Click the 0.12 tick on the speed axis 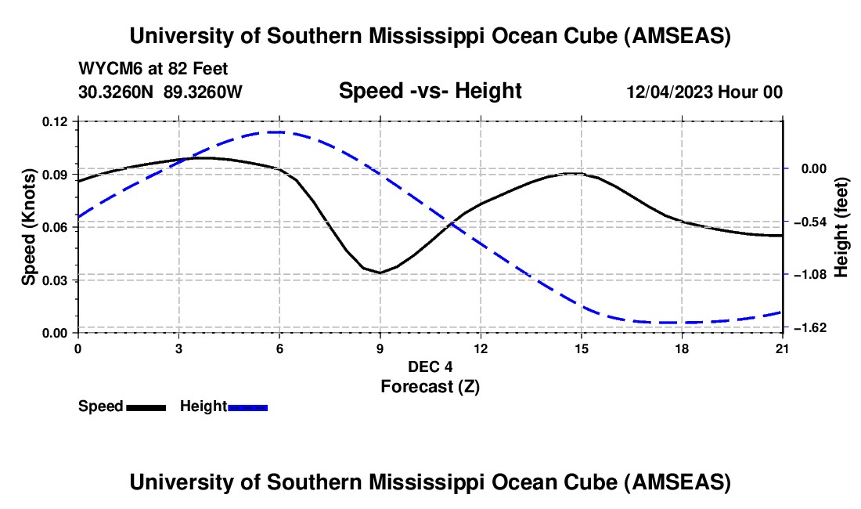click(x=56, y=121)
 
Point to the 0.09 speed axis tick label click(x=56, y=174)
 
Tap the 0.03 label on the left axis click(x=56, y=280)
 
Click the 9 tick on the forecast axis click(x=380, y=348)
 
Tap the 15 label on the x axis click(x=582, y=348)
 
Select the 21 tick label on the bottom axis click(x=783, y=348)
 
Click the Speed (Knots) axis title click(x=28, y=227)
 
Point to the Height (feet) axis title click(x=841, y=227)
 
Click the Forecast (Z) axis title click(x=430, y=386)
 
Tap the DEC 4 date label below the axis click(x=430, y=366)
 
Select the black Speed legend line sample click(x=145, y=407)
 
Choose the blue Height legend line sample click(x=247, y=407)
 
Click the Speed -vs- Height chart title click(x=430, y=91)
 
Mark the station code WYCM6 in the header click(x=106, y=69)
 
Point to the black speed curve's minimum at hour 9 click(x=380, y=273)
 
